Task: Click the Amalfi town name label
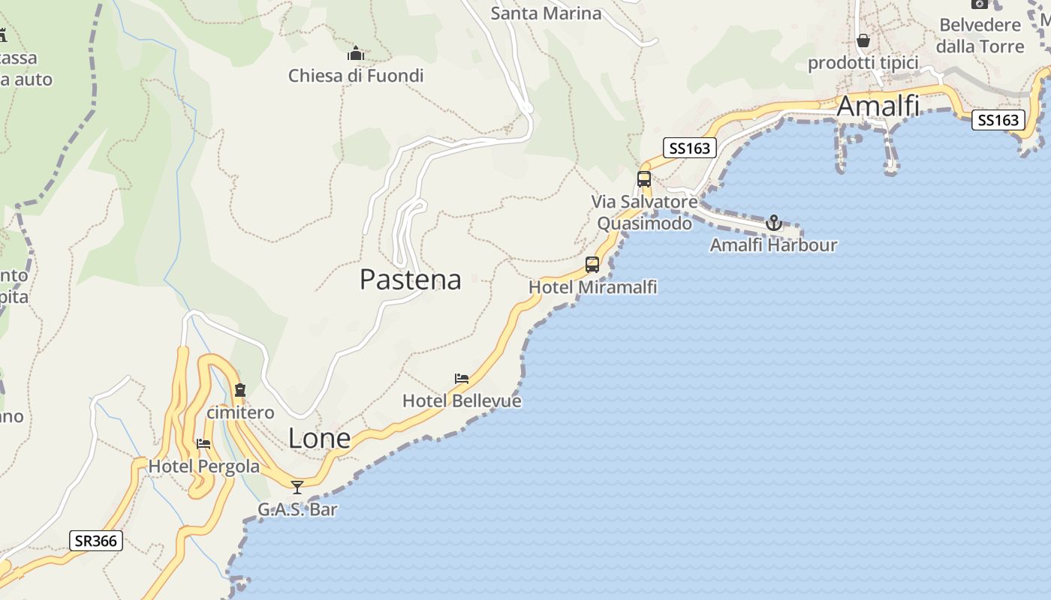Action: coord(878,106)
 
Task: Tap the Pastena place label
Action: coord(410,280)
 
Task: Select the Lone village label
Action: coord(319,439)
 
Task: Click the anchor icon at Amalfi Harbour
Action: coord(773,223)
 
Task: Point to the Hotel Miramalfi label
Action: coord(592,287)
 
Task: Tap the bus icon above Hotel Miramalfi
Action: coord(592,265)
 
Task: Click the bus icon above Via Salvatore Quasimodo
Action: coord(644,179)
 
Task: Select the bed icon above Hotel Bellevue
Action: coord(462,379)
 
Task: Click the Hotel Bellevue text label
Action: coord(462,401)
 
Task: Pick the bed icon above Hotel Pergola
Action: coord(203,443)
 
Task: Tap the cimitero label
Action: coord(240,413)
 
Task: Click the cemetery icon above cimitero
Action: coord(240,390)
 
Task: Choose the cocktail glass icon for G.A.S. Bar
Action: coord(297,487)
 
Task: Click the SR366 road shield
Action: coord(97,541)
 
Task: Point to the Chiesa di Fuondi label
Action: coord(356,76)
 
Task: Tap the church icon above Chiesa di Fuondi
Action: coord(356,54)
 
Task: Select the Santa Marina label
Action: coord(546,13)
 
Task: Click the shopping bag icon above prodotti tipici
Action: coord(863,40)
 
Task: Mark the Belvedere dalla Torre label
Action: coord(980,35)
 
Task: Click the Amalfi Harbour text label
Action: coord(773,245)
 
